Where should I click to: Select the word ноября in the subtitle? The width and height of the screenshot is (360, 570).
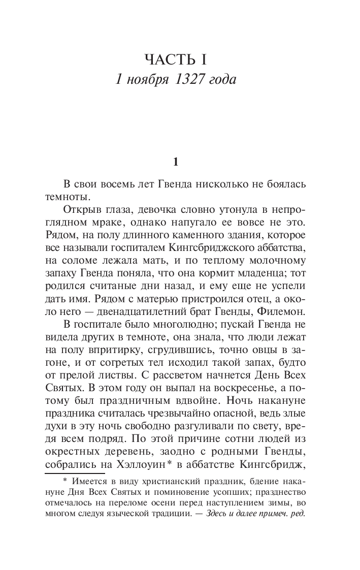click(x=143, y=80)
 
